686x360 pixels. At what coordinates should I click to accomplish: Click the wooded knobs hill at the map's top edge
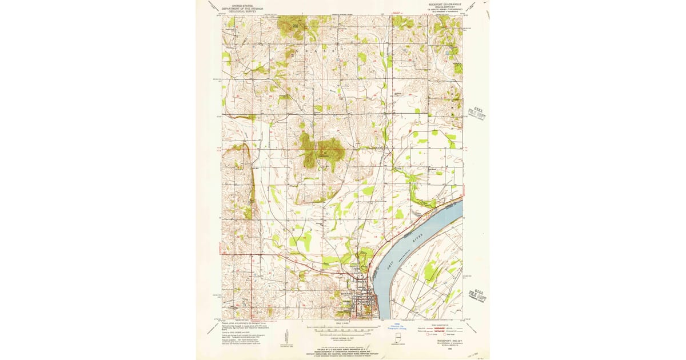pyautogui.click(x=289, y=26)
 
